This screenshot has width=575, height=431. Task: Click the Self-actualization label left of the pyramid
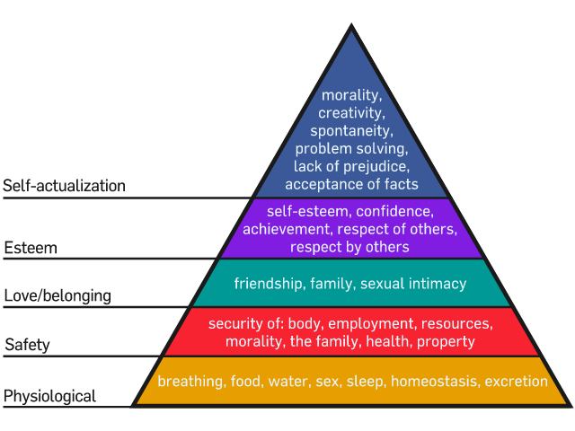click(64, 187)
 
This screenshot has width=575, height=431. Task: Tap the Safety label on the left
click(27, 344)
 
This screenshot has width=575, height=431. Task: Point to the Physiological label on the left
click(50, 396)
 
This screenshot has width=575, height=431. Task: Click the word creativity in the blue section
click(351, 113)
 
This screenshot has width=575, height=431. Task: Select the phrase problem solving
click(351, 148)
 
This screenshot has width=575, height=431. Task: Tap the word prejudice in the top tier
click(376, 166)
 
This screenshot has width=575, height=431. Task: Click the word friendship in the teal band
click(269, 284)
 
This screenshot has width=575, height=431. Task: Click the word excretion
click(516, 381)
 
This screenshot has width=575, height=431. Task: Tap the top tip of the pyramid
click(350, 25)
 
